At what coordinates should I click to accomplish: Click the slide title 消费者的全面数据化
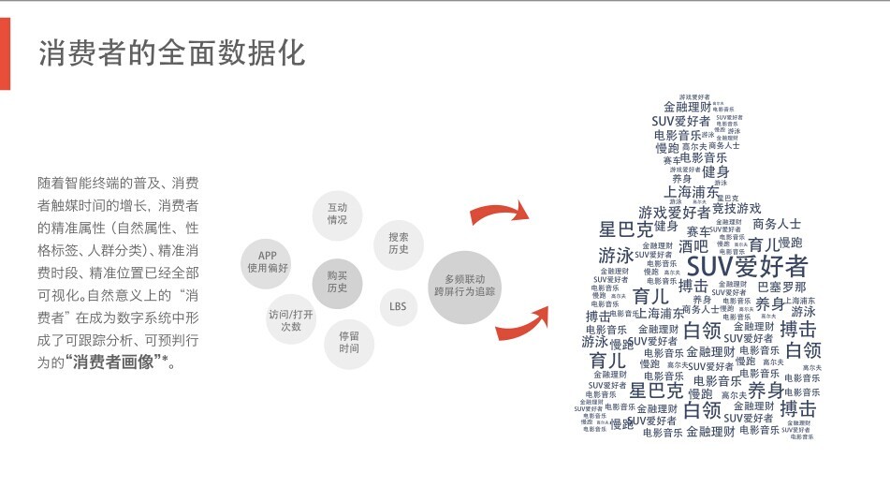tap(171, 53)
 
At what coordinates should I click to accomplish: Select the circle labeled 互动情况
tap(337, 213)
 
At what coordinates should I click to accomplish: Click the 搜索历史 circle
tap(399, 244)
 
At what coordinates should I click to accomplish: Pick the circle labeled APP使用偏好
tap(268, 261)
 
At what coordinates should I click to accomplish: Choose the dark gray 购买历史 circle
tap(337, 281)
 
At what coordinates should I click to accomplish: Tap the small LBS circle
tap(398, 306)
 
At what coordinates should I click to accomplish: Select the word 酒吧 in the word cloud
tap(693, 246)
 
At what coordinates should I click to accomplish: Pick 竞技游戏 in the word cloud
tap(737, 208)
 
